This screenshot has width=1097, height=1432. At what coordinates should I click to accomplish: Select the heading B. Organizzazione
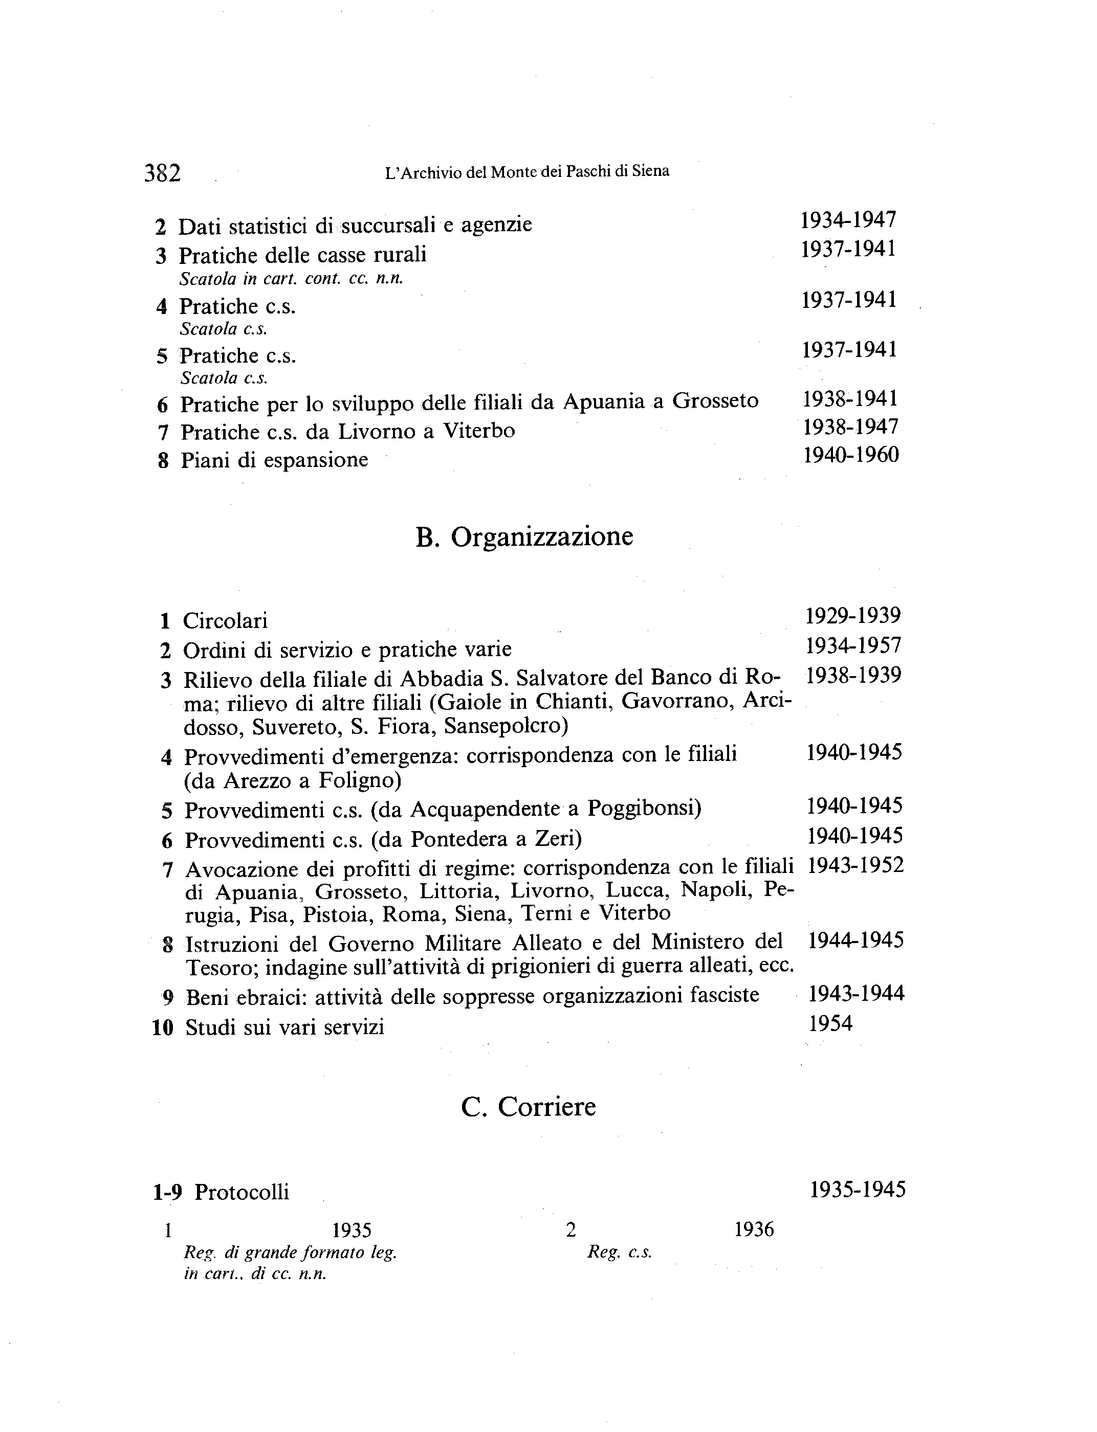[524, 537]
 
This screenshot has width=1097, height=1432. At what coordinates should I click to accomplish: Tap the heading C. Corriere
[528, 1107]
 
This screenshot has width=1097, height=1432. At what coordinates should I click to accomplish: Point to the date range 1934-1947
[848, 220]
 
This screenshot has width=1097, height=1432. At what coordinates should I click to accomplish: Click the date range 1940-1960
[851, 455]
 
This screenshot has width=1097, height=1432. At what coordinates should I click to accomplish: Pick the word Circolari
[225, 620]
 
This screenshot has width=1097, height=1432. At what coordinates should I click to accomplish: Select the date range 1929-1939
[853, 615]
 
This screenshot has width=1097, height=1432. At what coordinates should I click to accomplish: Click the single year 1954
[830, 1023]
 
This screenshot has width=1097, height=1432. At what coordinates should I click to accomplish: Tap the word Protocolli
[242, 1193]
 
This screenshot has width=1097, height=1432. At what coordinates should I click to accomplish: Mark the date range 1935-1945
[858, 1190]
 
